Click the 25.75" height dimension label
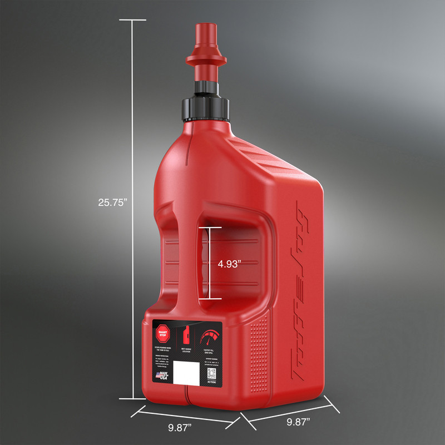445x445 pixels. click(x=113, y=202)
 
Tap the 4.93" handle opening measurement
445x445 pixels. click(x=229, y=264)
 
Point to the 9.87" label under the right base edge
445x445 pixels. click(x=298, y=422)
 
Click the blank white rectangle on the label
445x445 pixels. click(x=186, y=372)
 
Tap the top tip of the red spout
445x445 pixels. click(x=204, y=26)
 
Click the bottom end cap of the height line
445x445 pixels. click(x=133, y=398)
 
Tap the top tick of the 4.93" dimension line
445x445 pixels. click(x=211, y=228)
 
